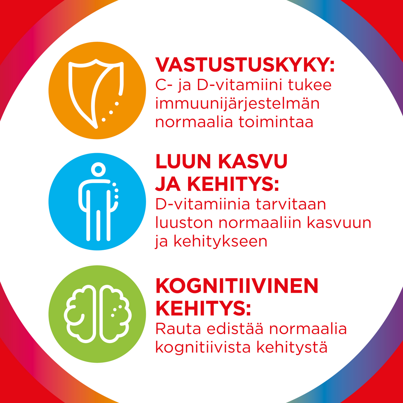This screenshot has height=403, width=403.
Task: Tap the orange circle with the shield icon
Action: click(x=97, y=90)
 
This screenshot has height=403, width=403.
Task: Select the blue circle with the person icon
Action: click(x=97, y=201)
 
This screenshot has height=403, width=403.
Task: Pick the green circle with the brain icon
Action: click(x=97, y=314)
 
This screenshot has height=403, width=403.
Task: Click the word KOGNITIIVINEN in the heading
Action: click(x=237, y=286)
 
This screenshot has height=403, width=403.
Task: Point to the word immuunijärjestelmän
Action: click(x=237, y=104)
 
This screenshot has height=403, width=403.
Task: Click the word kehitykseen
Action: click(x=221, y=242)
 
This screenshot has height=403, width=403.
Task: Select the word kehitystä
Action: click(x=292, y=348)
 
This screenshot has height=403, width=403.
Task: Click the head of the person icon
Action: click(x=98, y=169)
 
